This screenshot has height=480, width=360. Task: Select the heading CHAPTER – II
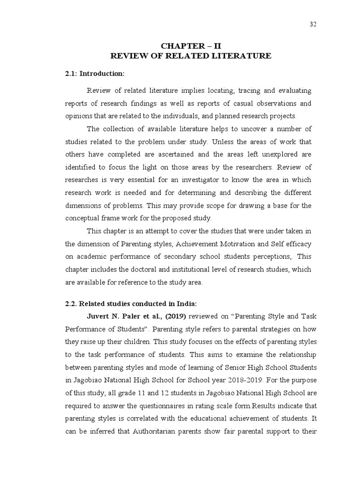click(190, 45)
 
